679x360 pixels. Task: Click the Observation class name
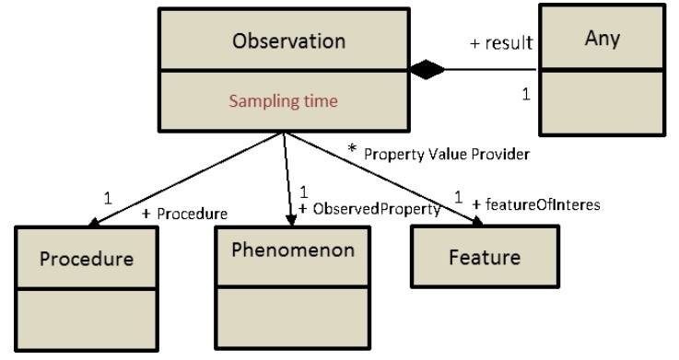[289, 41]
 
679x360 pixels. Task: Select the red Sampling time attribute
[283, 100]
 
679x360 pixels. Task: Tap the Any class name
[603, 39]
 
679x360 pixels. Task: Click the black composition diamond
[427, 69]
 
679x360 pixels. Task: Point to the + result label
[501, 43]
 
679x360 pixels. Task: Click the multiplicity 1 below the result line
[526, 94]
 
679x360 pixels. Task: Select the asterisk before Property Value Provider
[352, 149]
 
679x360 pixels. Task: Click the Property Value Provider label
[447, 154]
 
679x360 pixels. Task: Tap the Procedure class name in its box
[87, 259]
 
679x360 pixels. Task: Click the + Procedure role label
[185, 214]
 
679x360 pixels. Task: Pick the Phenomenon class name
[293, 250]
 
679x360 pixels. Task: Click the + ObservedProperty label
[369, 209]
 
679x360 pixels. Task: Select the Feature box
[485, 256]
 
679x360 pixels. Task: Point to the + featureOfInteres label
[536, 204]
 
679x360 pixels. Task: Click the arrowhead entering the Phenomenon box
[291, 220]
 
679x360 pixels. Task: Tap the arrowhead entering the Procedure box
[94, 223]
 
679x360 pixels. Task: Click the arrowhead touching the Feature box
[476, 221]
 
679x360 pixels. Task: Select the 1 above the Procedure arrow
[108, 198]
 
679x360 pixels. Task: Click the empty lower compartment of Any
[602, 102]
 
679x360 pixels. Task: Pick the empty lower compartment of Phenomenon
[293, 317]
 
